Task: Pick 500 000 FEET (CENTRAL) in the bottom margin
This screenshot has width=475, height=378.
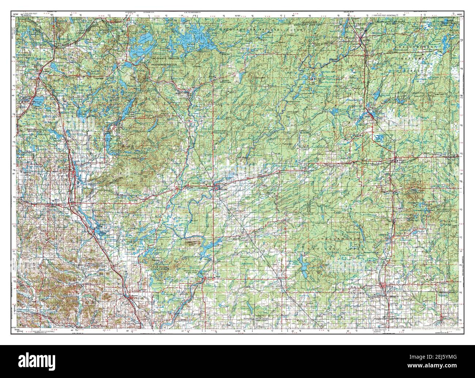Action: point(43,332)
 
